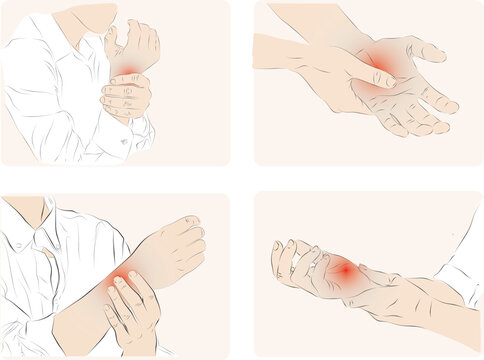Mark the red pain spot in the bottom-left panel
click(x=123, y=279)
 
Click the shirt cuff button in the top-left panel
click(x=124, y=142)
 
